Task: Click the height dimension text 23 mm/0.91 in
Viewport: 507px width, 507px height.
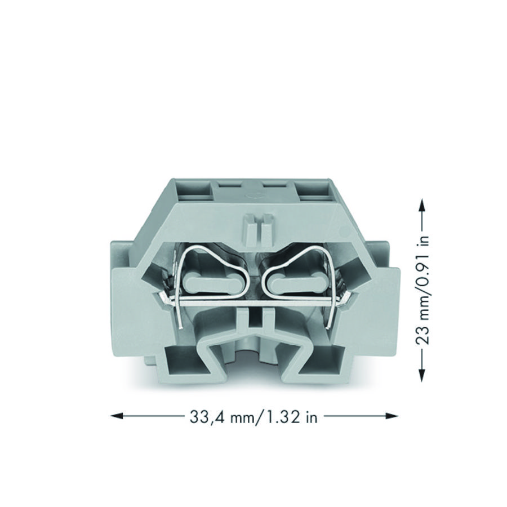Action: (422, 290)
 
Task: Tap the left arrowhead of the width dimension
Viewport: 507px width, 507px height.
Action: (117, 416)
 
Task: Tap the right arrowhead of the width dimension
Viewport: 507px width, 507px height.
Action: (392, 416)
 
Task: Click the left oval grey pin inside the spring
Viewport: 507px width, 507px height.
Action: (213, 281)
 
